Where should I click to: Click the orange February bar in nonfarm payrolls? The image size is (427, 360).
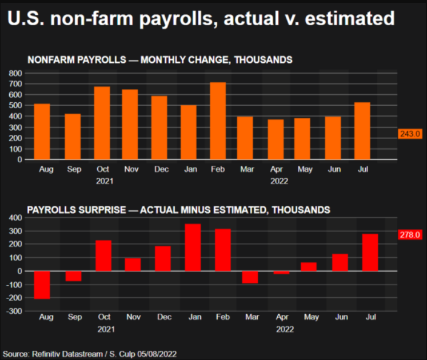point(218,121)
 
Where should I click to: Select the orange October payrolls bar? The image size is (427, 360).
point(102,123)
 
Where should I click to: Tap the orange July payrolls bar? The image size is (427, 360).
point(362,131)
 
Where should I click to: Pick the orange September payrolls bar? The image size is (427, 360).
point(73,137)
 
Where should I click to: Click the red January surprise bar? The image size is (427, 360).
point(193,247)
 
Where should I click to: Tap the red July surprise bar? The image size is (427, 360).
point(370,252)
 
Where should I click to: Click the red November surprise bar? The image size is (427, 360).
point(133,265)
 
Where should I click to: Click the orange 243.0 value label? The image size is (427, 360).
point(409,134)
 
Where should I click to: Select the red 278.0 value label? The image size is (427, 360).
point(409,235)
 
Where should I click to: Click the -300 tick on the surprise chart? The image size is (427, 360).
point(13,311)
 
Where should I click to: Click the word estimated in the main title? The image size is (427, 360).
point(350,19)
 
